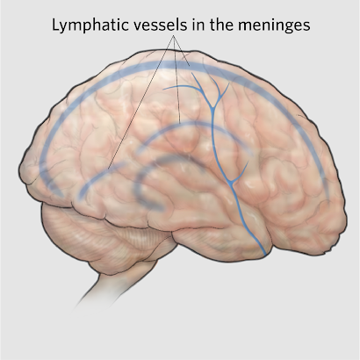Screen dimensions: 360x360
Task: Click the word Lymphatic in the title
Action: coord(90,25)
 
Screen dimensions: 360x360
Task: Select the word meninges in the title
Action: coord(274,25)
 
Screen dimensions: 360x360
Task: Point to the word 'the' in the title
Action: coord(221,25)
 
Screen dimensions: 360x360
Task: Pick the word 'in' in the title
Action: coord(198,25)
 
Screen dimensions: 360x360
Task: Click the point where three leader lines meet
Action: coord(174,36)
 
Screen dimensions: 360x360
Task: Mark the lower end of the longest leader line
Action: coord(108,169)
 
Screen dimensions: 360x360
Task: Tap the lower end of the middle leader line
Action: coord(180,121)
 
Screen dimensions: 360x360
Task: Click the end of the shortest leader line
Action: coord(190,66)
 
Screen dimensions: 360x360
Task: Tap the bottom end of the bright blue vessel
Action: coord(264,255)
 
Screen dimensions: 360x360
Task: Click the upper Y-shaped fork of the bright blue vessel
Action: coord(213,107)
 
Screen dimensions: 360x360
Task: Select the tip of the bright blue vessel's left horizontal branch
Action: coord(164,89)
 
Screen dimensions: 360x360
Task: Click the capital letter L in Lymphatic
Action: coord(55,25)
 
